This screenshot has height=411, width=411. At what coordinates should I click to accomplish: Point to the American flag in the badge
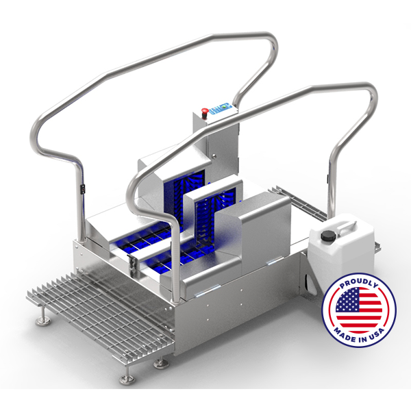tap(359, 310)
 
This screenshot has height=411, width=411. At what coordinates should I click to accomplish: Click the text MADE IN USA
tap(359, 336)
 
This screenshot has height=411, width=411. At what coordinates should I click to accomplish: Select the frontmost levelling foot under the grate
tap(127, 377)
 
